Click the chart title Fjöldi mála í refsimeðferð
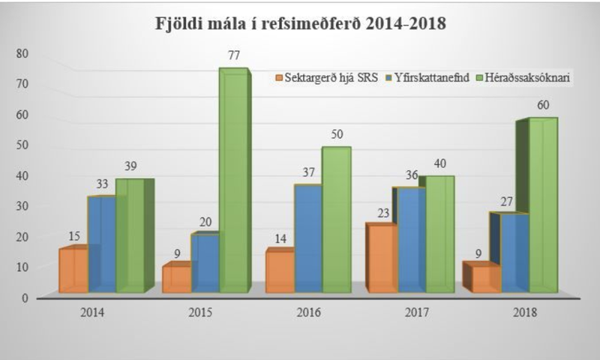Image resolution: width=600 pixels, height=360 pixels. point(300,22)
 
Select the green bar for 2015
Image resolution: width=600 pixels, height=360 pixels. point(232,180)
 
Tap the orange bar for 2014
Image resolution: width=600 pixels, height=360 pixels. point(73,270)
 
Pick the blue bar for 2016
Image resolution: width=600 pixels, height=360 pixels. point(307,238)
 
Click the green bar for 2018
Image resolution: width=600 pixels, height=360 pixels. point(543,206)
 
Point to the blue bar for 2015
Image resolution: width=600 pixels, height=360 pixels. point(205,262)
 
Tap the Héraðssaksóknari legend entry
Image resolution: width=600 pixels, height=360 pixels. point(525,77)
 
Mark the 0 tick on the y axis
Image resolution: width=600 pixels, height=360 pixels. point(25,298)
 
